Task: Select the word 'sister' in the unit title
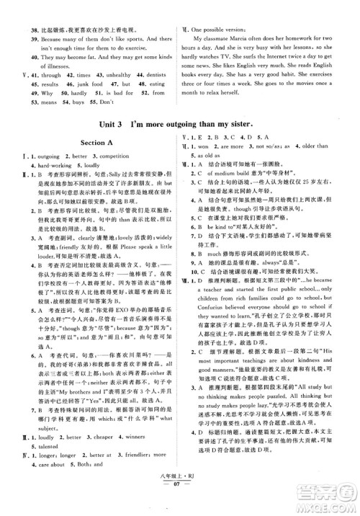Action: [x=294, y=163]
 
